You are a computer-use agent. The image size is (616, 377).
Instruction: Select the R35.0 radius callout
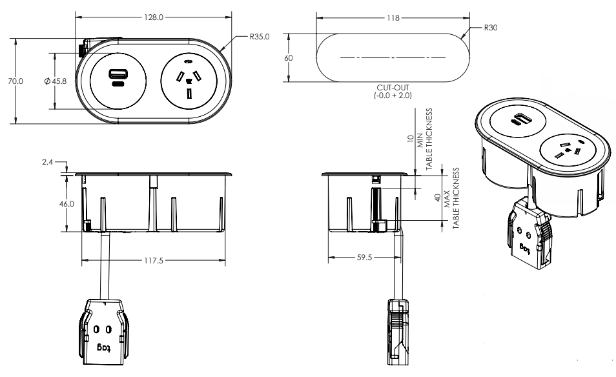point(260,37)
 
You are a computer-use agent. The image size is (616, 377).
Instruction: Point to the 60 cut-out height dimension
point(289,57)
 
